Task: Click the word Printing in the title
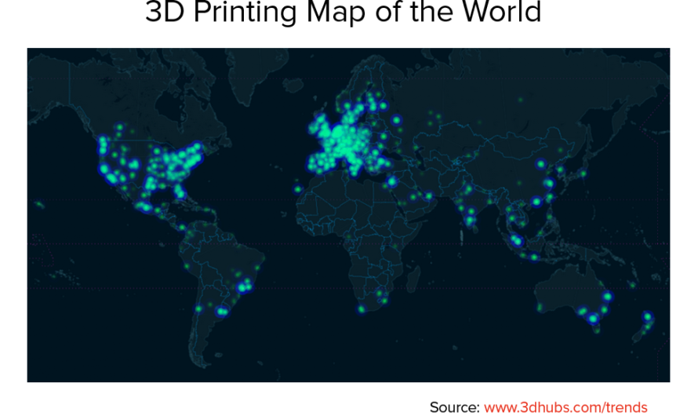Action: pos(253,13)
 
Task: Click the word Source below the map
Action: pos(453,407)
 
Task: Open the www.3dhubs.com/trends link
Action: pos(565,407)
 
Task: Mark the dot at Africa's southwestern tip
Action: pos(362,308)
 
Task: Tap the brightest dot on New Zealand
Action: pos(648,317)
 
